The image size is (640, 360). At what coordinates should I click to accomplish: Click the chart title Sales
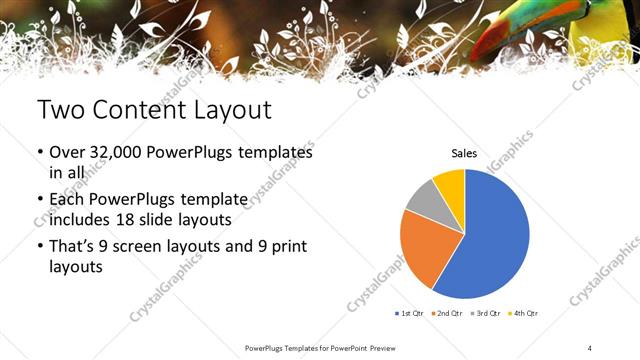464,154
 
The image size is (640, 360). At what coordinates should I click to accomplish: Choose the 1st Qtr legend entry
410,313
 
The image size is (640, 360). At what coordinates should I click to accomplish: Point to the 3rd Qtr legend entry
487,313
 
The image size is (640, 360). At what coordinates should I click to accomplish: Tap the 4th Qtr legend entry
525,313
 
